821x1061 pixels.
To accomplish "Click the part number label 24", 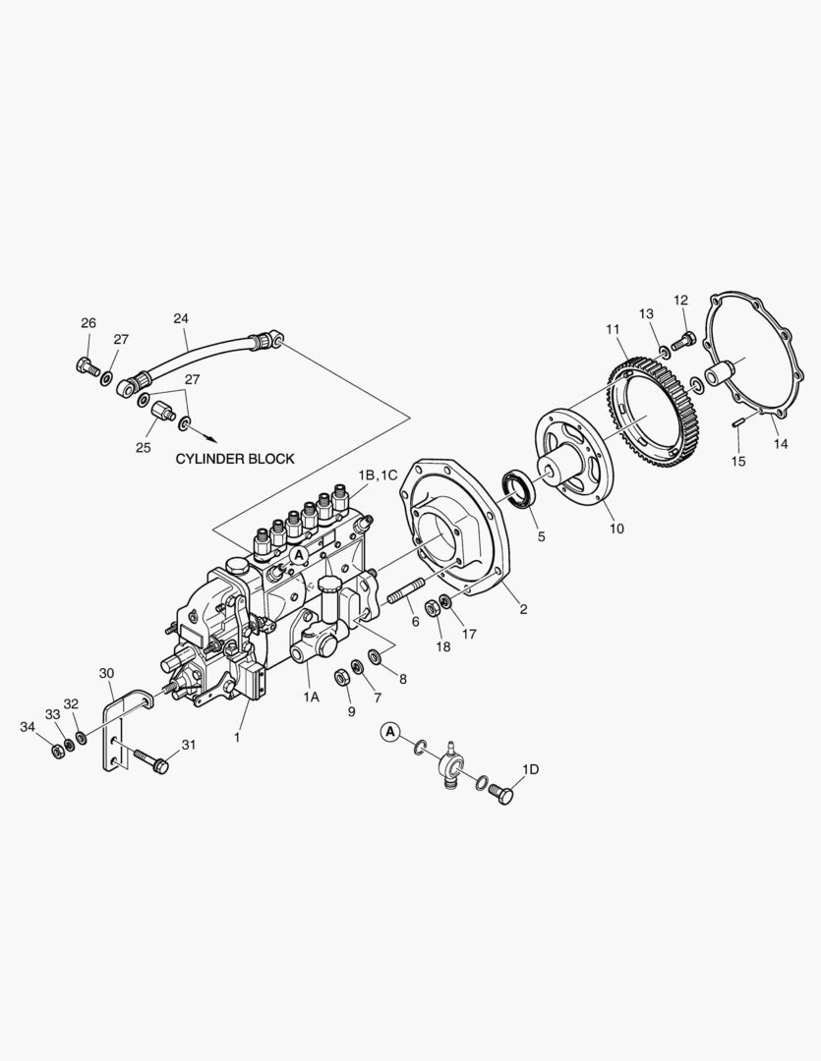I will (x=181, y=318).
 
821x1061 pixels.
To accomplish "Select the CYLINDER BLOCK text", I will (x=235, y=459).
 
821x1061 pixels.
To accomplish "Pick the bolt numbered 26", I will (x=87, y=366).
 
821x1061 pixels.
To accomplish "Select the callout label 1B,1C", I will (x=378, y=475).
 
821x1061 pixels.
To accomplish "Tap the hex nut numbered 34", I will (x=57, y=751).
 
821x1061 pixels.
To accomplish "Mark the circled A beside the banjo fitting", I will (x=390, y=731).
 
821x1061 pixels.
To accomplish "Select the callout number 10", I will (x=616, y=529).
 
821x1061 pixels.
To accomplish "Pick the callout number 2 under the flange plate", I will (x=523, y=609).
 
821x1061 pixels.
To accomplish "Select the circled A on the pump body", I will (x=300, y=556).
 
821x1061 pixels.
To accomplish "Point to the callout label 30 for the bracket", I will (x=107, y=673).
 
